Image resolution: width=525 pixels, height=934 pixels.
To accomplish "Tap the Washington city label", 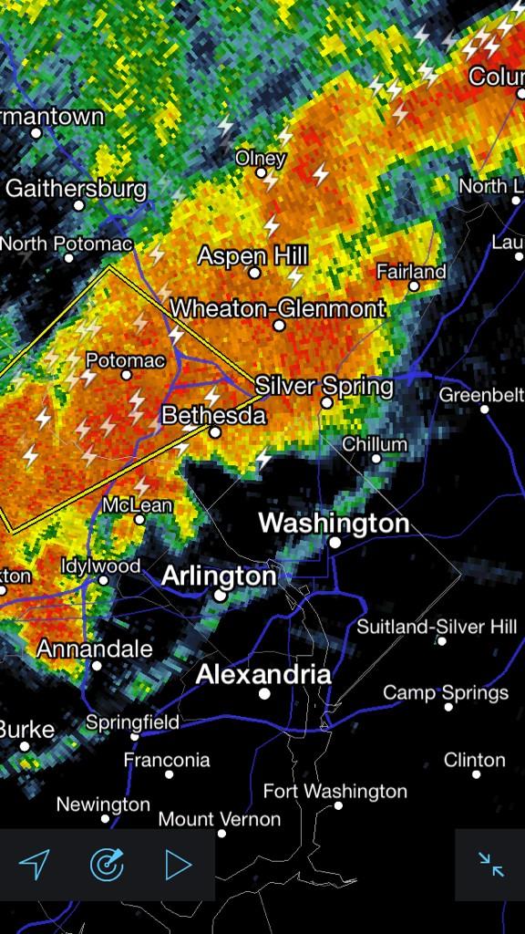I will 334,524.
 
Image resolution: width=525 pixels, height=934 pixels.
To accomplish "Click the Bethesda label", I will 213,416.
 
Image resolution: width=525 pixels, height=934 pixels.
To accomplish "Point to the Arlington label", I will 219,576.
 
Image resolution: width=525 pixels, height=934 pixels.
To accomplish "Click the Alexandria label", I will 263,675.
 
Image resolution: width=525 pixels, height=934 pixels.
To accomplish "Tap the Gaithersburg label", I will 76,189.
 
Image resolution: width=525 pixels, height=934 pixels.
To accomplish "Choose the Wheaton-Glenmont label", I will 278,308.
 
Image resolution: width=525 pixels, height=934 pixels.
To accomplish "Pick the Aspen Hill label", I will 253,256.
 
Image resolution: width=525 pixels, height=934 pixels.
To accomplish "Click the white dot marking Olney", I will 261,172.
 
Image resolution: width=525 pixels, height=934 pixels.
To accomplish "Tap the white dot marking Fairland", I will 413,286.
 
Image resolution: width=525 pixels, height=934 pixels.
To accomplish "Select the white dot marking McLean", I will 139,520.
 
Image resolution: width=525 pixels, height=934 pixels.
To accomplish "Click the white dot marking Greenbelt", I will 484,409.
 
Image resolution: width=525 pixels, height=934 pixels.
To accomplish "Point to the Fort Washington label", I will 335,791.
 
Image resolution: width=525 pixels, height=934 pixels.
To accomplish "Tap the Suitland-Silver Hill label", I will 437,627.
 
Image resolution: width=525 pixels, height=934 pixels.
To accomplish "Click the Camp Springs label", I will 446,693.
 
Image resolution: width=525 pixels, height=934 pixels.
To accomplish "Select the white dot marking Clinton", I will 476,774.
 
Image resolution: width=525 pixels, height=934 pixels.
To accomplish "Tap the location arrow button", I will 35,864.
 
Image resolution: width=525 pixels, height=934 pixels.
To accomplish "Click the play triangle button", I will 179,864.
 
